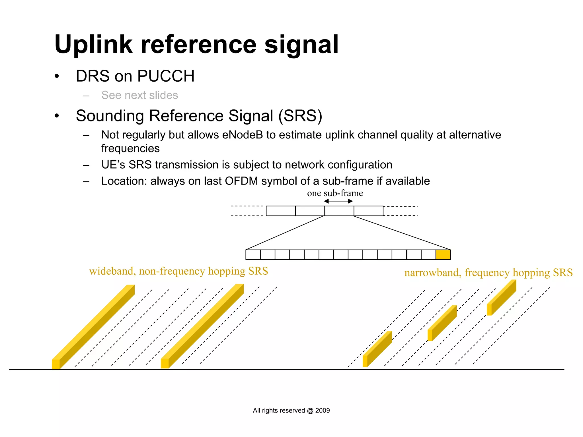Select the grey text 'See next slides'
pyautogui.click(x=139, y=95)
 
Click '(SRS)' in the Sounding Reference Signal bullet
pyautogui.click(x=300, y=116)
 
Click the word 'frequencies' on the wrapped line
pyautogui.click(x=130, y=148)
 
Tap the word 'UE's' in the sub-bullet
pyautogui.click(x=113, y=165)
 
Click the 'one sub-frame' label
pyautogui.click(x=335, y=193)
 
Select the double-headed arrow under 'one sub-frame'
pyautogui.click(x=338, y=201)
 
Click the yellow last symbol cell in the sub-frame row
pyautogui.click(x=443, y=255)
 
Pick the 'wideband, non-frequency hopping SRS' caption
pyautogui.click(x=178, y=271)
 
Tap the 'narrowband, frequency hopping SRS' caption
pyautogui.click(x=488, y=273)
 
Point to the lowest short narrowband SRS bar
pyautogui.click(x=377, y=349)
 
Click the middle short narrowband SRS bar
pyautogui.click(x=442, y=323)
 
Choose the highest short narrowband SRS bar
pyautogui.click(x=502, y=298)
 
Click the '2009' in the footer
pyautogui.click(x=323, y=411)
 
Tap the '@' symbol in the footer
pyautogui.click(x=310, y=411)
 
